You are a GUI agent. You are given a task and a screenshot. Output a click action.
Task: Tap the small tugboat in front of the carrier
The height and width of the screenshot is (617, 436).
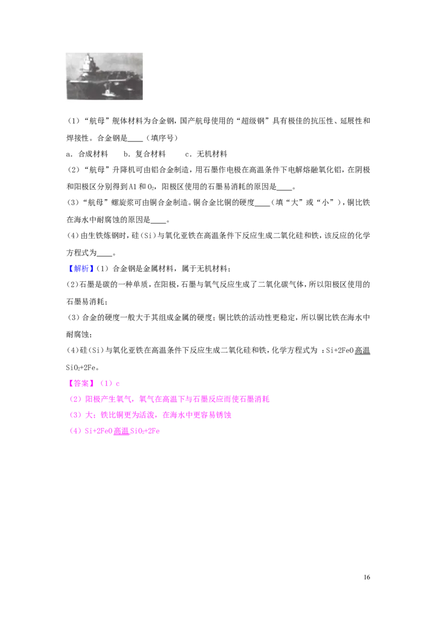coord(107,93)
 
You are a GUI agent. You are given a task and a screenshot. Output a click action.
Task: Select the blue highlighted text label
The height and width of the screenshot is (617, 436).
coord(81,269)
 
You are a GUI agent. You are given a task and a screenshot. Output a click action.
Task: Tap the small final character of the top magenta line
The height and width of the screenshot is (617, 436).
coord(119,384)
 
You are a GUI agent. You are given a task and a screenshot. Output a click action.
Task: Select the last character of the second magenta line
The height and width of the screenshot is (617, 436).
coord(267,400)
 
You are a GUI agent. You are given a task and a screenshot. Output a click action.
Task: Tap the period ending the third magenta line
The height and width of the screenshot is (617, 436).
coord(233,417)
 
